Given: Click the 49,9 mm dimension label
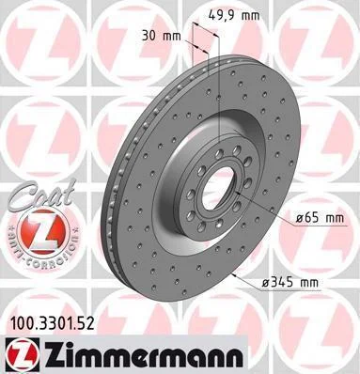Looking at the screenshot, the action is click(234, 14).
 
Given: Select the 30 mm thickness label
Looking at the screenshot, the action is click(162, 36).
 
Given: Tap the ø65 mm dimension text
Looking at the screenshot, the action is click(320, 217).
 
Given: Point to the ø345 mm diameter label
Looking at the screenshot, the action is click(290, 283).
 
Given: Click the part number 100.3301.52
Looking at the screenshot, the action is click(53, 324).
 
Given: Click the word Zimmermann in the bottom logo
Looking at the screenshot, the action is click(143, 355).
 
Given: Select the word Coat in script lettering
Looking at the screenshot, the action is click(45, 195).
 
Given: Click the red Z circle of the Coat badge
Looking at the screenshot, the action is click(42, 232).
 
